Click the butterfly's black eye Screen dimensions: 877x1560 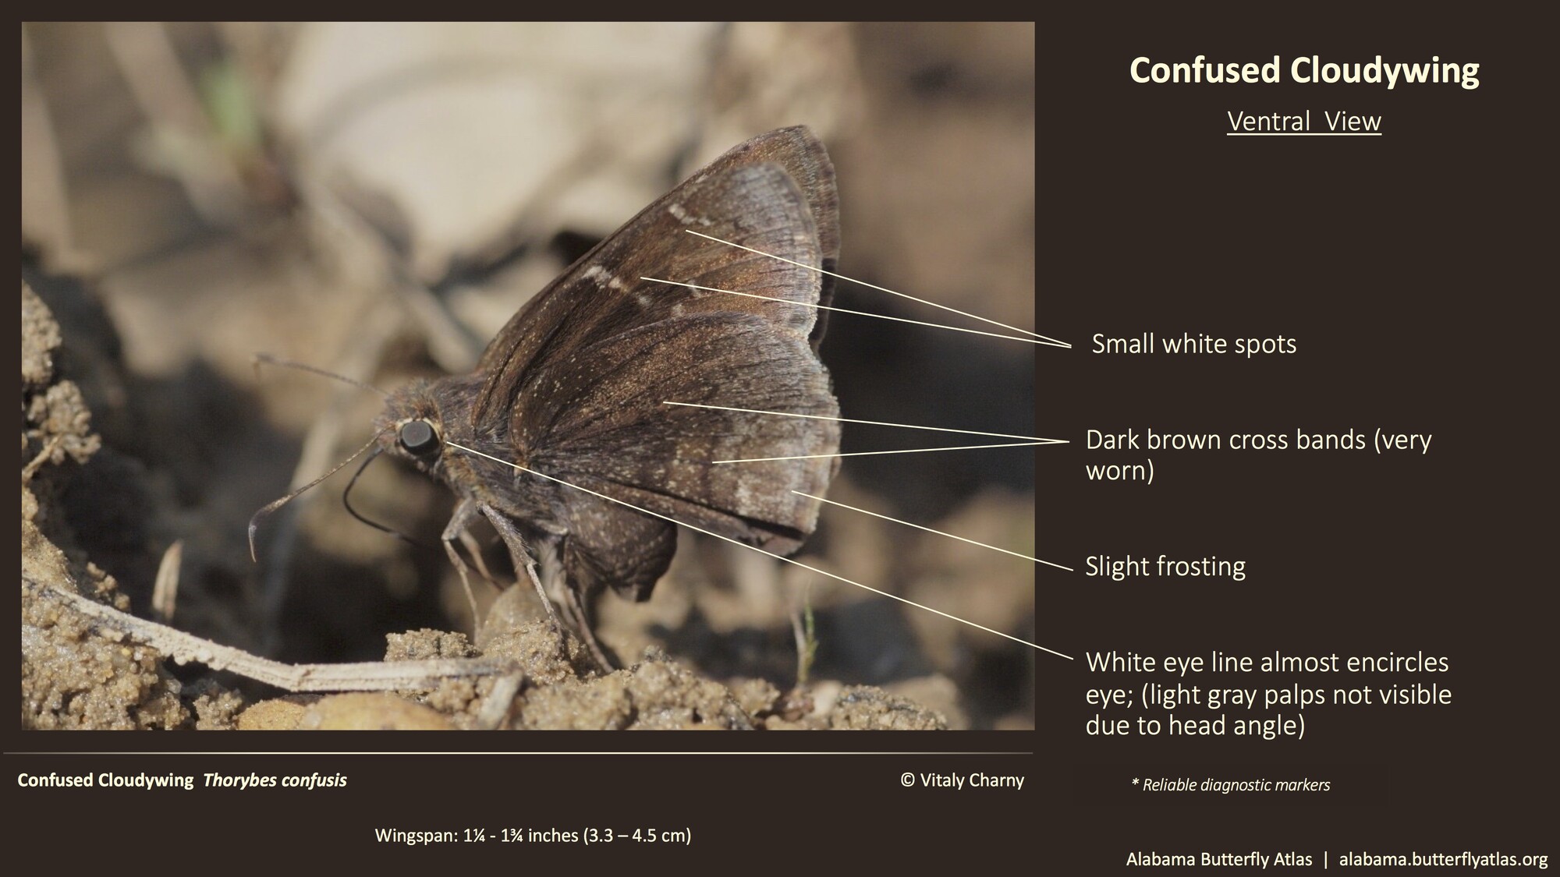(419, 437)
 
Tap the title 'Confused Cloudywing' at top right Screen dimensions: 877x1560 (1304, 70)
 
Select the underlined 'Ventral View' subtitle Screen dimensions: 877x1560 (1304, 122)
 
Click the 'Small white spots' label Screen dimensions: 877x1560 (1193, 344)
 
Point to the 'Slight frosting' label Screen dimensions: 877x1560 (1165, 566)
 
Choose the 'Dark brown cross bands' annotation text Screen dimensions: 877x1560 (1258, 440)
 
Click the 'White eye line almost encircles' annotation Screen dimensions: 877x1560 (1267, 662)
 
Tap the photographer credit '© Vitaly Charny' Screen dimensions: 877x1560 (962, 780)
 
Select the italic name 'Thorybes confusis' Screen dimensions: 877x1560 (275, 780)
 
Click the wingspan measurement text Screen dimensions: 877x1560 (533, 836)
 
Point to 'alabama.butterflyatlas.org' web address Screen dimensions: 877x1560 (1443, 859)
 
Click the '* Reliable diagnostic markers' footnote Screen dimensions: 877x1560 (1230, 785)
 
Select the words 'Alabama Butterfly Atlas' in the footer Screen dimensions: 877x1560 (1218, 859)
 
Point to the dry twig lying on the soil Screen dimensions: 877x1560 (234, 647)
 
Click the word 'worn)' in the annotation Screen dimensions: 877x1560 (1119, 471)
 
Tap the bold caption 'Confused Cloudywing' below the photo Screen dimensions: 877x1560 (105, 780)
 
